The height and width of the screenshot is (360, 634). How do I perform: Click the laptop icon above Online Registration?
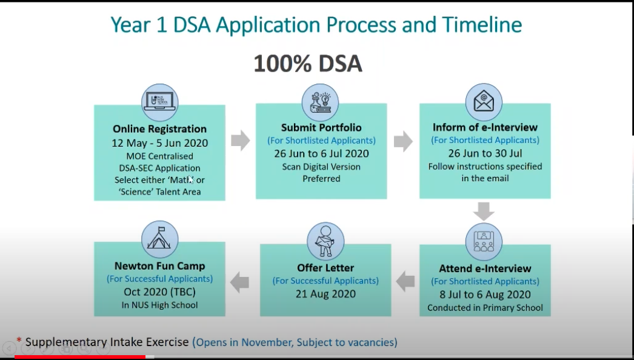tap(160, 102)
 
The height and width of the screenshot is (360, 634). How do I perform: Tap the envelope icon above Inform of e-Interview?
tap(484, 102)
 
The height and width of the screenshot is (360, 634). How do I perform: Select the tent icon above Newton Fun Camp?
tap(160, 239)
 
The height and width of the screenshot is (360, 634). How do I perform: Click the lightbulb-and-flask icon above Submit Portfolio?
tap(320, 102)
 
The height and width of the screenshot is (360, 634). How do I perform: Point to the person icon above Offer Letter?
tap(325, 241)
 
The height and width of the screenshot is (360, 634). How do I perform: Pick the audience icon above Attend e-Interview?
tap(484, 241)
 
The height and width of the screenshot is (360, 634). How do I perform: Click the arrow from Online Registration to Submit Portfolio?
tap(241, 141)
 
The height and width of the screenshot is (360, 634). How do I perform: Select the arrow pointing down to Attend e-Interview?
tap(484, 212)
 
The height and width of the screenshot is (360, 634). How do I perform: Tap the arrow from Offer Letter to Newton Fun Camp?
tap(239, 282)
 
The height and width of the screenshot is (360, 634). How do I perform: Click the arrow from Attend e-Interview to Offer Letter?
tap(405, 281)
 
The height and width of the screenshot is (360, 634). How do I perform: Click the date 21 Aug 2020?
tap(325, 294)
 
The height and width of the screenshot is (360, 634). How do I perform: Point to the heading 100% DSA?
tap(308, 64)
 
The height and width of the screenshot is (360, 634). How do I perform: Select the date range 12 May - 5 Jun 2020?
tap(160, 143)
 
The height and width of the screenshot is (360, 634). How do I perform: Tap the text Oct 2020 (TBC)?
tap(160, 292)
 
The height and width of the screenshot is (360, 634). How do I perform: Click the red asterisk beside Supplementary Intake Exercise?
tap(19, 340)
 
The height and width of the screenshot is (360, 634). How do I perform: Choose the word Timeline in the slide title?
tap(482, 24)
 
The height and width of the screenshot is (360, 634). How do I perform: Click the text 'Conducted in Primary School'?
tap(486, 308)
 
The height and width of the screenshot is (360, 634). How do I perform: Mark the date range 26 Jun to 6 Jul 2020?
tap(321, 154)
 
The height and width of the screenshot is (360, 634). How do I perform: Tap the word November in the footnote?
tap(267, 342)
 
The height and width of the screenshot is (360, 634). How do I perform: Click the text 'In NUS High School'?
tap(160, 305)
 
